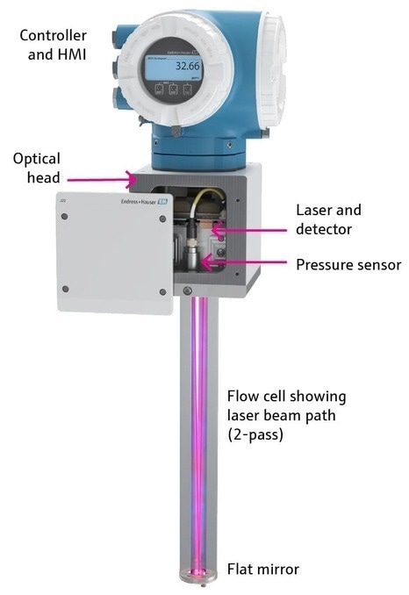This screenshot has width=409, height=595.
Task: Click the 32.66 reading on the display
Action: point(187,66)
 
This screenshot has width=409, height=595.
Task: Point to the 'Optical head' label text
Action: point(37,168)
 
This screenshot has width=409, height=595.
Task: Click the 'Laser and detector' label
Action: point(328,219)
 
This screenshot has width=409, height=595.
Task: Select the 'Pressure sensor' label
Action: point(348,264)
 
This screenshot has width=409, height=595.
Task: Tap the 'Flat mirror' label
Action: point(263,570)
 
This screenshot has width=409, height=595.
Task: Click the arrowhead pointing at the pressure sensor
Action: point(205,261)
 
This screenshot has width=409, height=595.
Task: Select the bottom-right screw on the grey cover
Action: point(161,291)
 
